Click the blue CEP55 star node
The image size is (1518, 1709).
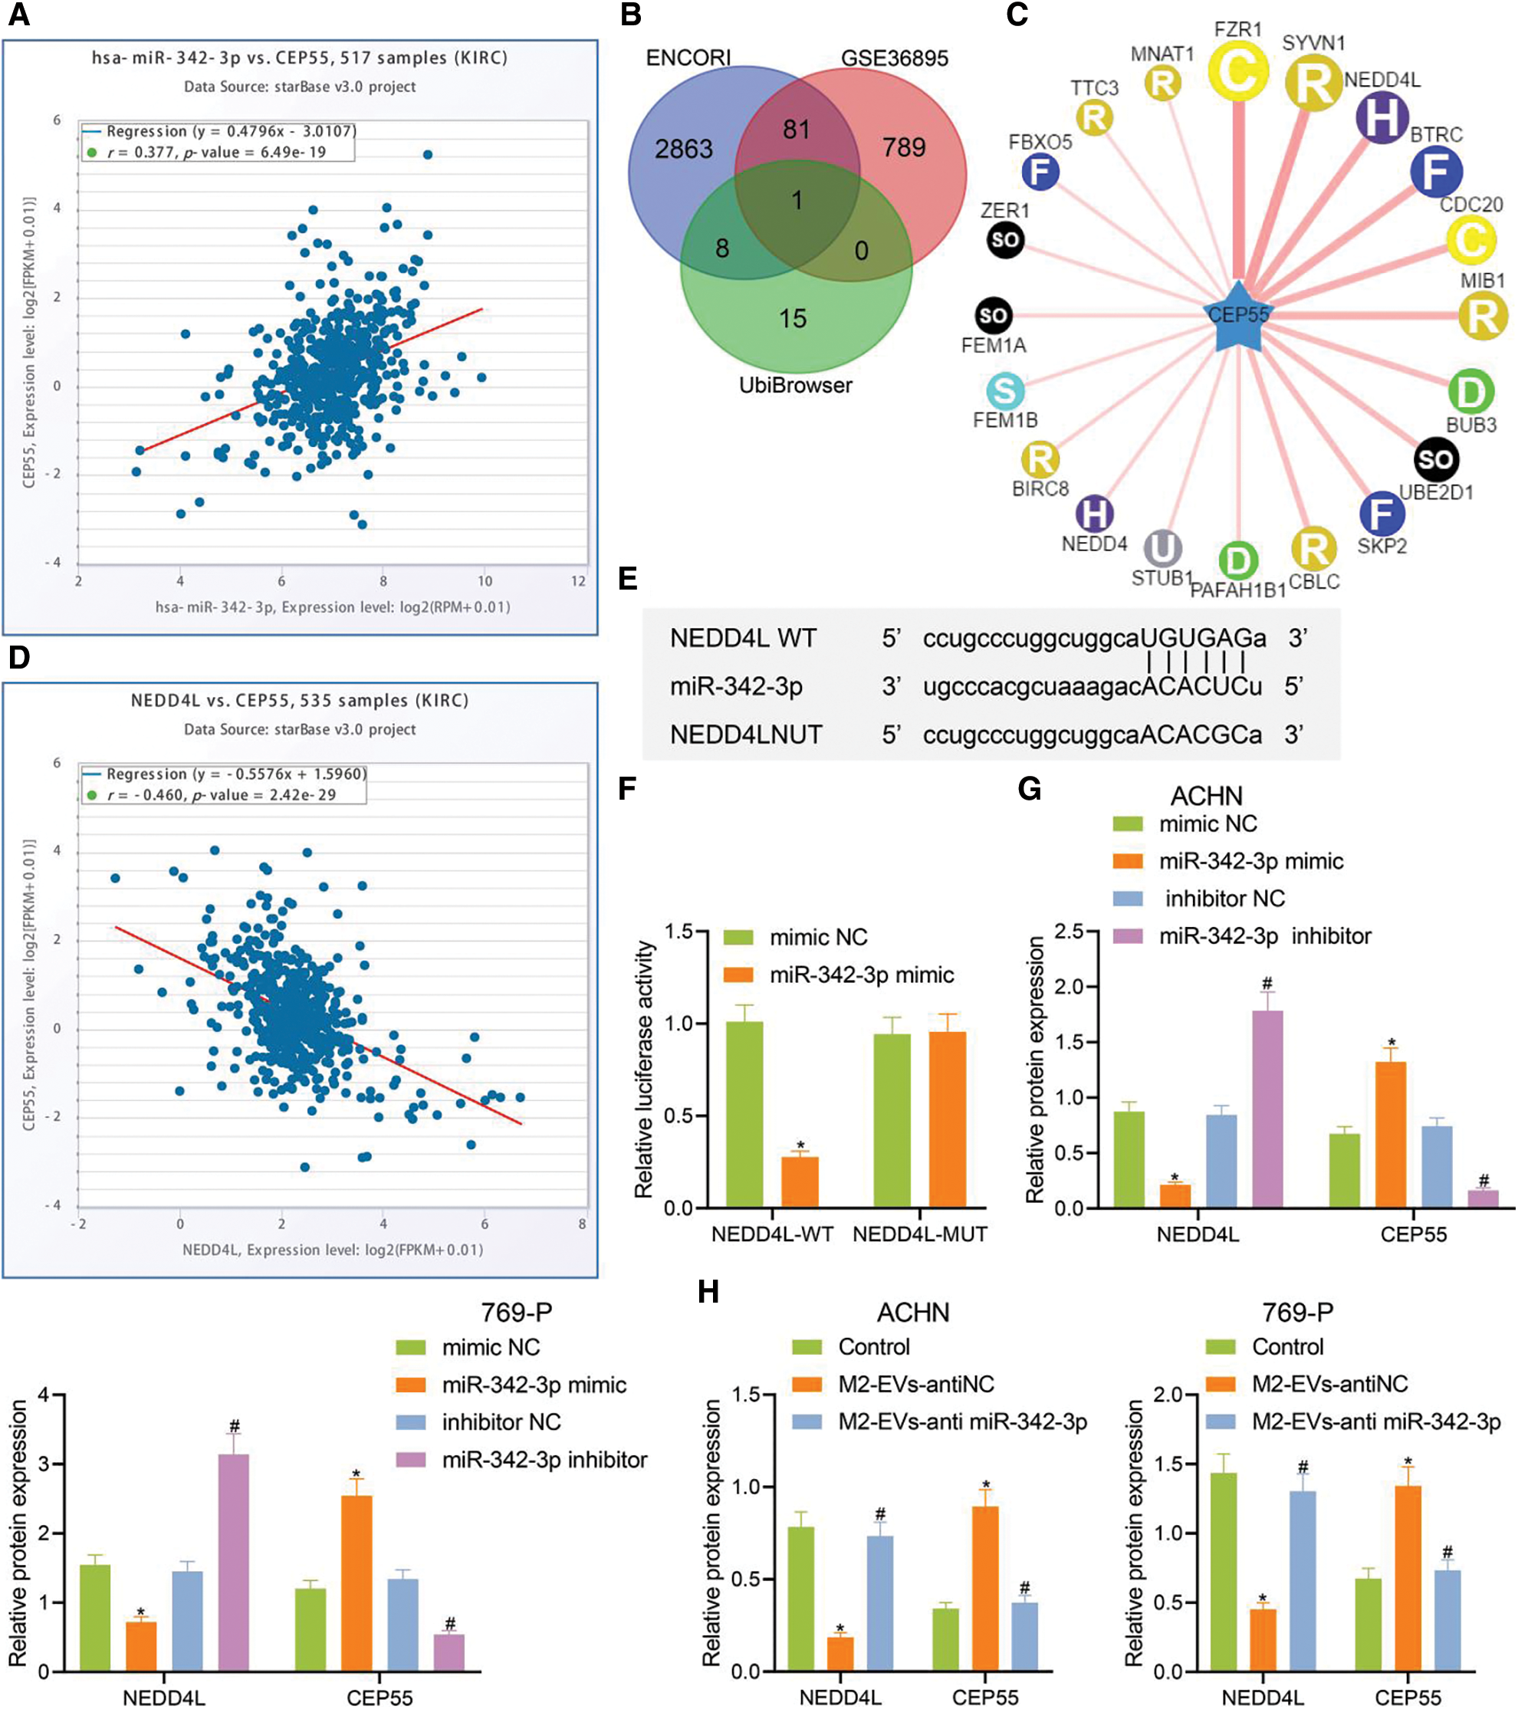tap(1239, 317)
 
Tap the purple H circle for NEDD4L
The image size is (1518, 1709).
tap(1382, 117)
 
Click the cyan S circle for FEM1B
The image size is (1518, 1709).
tap(1005, 390)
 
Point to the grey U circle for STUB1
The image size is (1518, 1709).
tap(1162, 548)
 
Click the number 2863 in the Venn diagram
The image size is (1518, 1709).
tap(683, 149)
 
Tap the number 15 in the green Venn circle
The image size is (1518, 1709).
tap(793, 318)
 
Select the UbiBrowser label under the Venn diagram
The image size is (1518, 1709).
tap(795, 386)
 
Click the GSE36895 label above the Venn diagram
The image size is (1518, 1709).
tap(895, 58)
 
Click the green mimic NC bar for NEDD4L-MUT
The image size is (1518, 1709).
tap(892, 1120)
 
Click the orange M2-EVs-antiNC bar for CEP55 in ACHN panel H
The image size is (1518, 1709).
tap(985, 1589)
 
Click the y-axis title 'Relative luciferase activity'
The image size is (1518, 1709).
tap(644, 1070)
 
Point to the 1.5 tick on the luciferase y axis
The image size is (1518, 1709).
tap(684, 932)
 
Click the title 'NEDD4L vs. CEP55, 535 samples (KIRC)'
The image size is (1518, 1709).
tap(299, 701)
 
